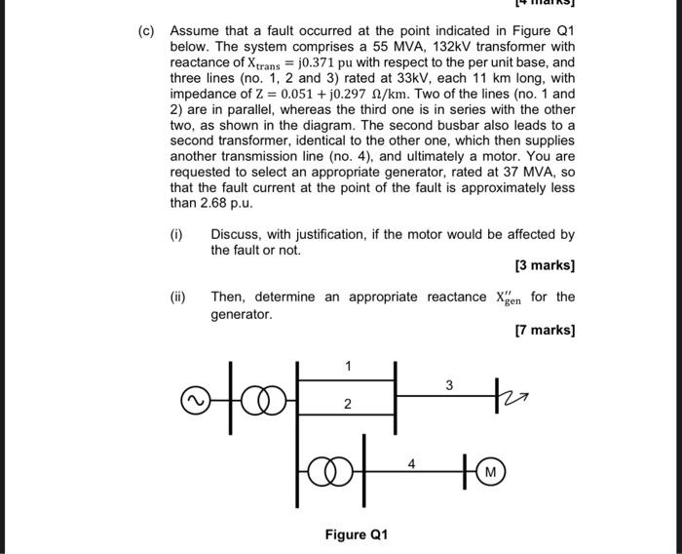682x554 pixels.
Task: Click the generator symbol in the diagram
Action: click(x=194, y=399)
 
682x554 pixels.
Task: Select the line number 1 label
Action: click(x=348, y=365)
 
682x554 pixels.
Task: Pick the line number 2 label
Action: click(x=348, y=403)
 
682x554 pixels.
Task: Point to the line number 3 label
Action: click(x=449, y=385)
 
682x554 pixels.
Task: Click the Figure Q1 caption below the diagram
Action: click(x=357, y=534)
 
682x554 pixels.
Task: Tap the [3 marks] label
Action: click(x=544, y=266)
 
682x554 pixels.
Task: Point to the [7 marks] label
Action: click(x=544, y=331)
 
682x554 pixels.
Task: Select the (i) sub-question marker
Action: click(x=176, y=235)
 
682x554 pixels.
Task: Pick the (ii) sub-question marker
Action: click(x=178, y=297)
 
